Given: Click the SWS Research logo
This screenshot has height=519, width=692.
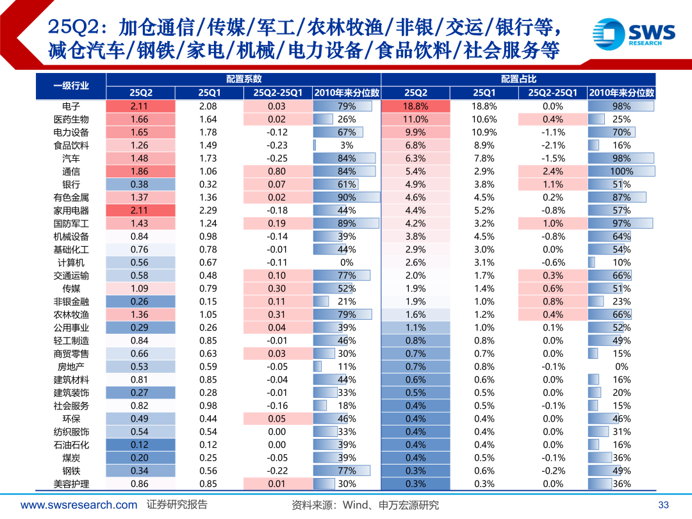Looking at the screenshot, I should point(633,33).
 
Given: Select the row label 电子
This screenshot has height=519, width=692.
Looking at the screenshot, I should point(71,106).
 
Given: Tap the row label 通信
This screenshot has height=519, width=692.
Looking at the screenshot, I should point(71,172).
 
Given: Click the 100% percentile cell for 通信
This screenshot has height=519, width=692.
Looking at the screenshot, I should point(621,172).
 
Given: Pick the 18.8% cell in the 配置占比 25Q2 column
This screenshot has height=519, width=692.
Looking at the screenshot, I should point(416,106).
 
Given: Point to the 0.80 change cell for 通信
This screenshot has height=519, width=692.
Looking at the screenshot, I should point(277,172).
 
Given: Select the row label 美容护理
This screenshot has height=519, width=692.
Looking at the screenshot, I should point(71,484).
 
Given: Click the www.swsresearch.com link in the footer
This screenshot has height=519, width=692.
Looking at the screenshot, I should point(78,505).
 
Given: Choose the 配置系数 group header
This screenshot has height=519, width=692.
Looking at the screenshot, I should point(243,79).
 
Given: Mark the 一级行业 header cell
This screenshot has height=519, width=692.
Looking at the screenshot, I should point(71,86).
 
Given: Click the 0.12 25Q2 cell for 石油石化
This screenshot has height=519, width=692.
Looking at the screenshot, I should point(139,445).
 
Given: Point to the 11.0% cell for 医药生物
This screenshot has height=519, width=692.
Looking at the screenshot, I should point(416,119).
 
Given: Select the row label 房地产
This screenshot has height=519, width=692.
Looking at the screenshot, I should point(71,367).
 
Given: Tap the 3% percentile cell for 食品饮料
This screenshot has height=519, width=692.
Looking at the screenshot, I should point(347,145).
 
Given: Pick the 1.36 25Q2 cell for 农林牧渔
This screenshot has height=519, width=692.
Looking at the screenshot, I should point(139,315).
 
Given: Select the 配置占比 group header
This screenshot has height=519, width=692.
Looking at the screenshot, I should point(518,79).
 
